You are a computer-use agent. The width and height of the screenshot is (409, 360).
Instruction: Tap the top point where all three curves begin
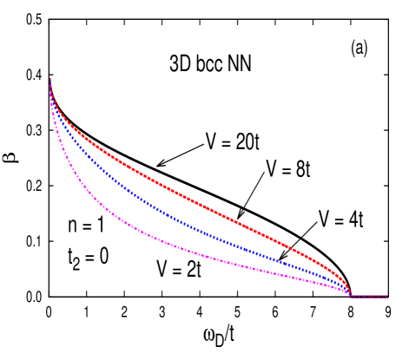tap(49, 79)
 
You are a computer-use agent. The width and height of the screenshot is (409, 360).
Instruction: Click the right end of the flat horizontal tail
tap(386, 297)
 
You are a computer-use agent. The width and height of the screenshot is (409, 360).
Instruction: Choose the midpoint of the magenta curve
tap(200, 255)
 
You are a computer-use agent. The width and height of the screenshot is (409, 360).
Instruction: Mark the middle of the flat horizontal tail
tap(369, 297)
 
